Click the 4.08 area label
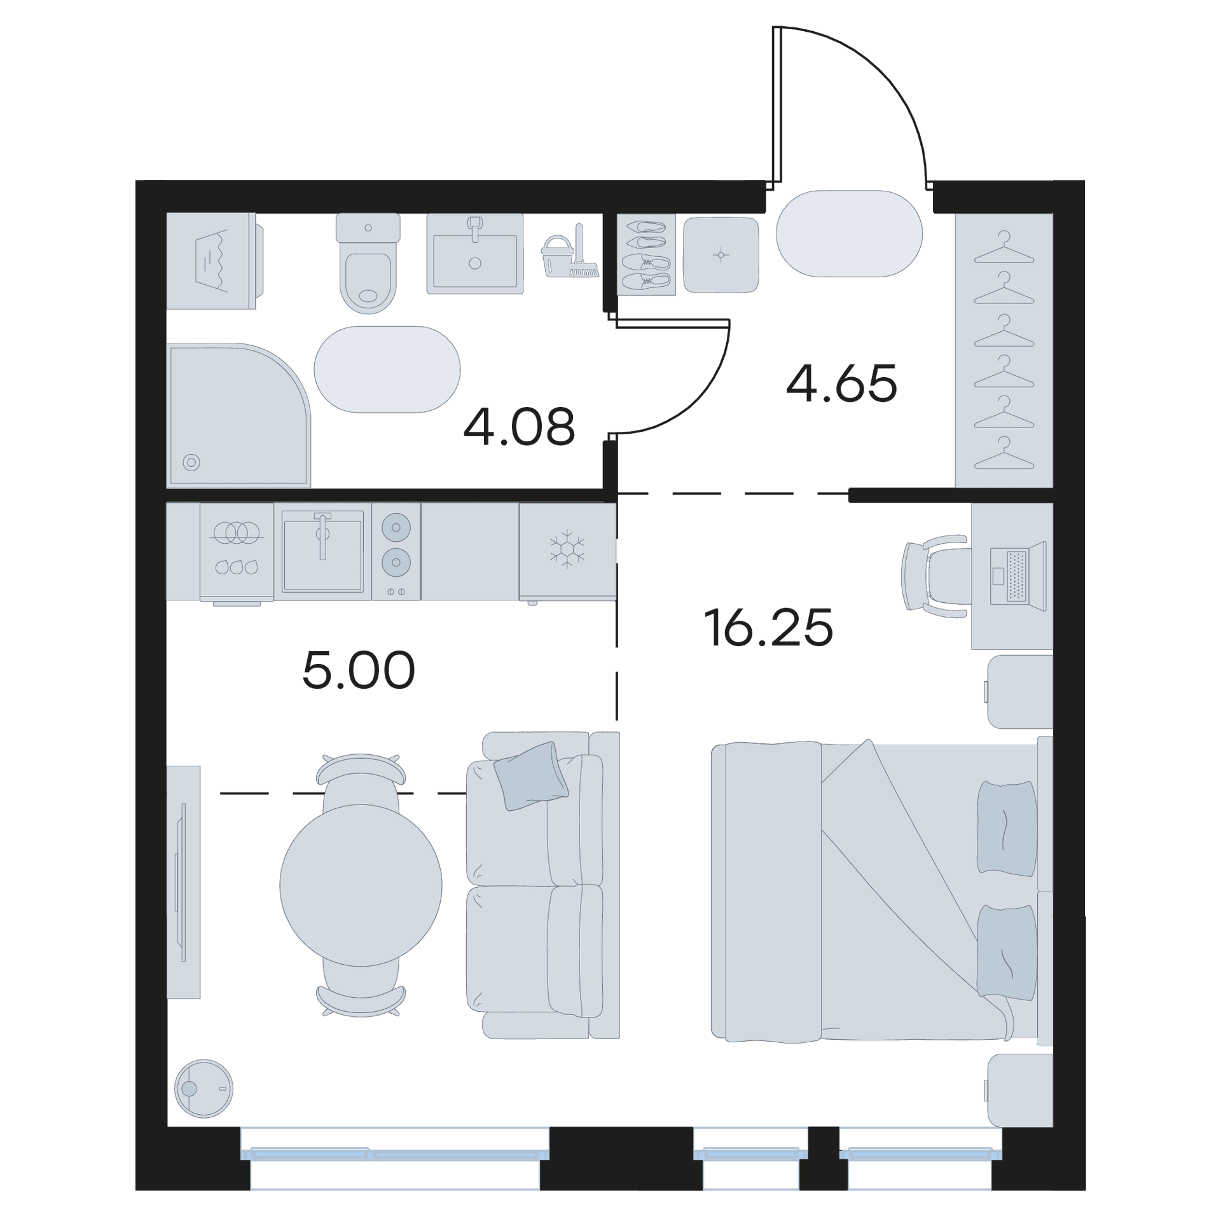(x=519, y=427)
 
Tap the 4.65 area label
(x=841, y=383)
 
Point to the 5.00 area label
(x=359, y=670)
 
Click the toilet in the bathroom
(x=368, y=263)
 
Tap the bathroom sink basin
(x=475, y=254)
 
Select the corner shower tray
(x=238, y=415)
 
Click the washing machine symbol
(x=214, y=261)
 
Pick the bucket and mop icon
(x=570, y=252)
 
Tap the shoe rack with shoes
(x=646, y=254)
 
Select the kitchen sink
(x=322, y=551)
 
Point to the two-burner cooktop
(x=396, y=551)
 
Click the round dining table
(x=361, y=885)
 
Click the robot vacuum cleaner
(x=203, y=1089)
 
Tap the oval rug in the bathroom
(x=387, y=369)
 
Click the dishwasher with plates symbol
(x=237, y=552)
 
